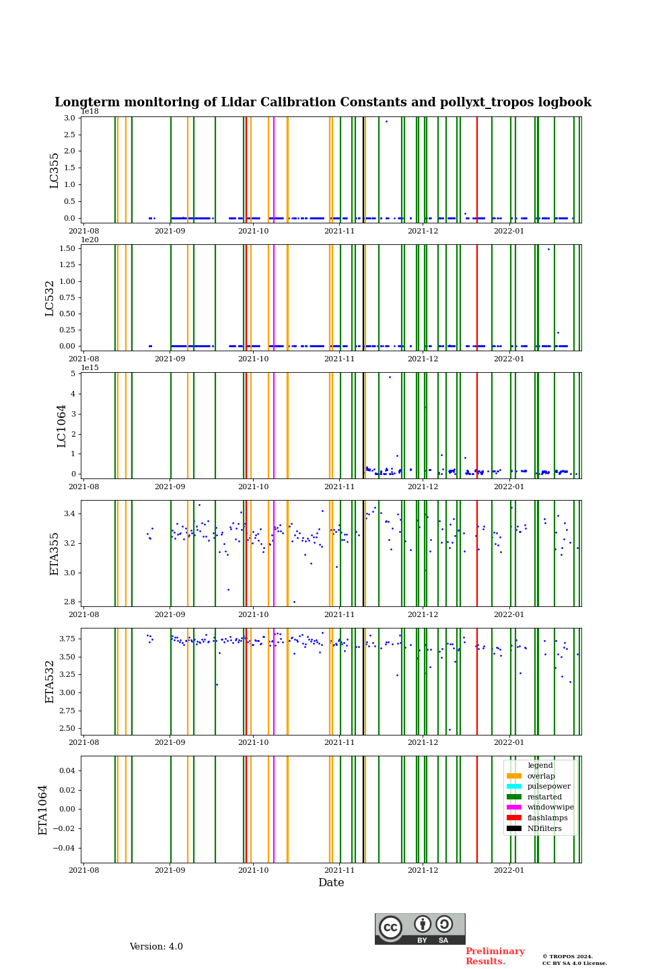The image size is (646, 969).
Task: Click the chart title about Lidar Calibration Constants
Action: coord(323,102)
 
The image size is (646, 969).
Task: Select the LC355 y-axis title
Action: coord(55,170)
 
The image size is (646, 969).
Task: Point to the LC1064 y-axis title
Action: coord(62,425)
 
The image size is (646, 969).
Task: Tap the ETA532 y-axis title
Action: coord(50,681)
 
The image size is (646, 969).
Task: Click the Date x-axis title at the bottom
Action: coord(331,883)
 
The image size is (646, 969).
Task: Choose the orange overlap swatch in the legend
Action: coord(514,776)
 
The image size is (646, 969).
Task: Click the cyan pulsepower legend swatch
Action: coord(514,787)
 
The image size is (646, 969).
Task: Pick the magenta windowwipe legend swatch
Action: coord(514,808)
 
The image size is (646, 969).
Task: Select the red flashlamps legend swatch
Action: coord(514,818)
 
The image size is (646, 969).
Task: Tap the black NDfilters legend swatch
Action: coord(514,829)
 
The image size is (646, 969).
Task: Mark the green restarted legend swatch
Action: coord(514,797)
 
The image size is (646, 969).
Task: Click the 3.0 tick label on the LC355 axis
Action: coord(69,118)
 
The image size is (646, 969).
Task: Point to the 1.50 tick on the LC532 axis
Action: coord(67,248)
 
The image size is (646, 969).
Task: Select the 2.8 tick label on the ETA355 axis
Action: coord(69,602)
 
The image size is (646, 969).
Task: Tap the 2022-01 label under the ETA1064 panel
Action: coord(509,870)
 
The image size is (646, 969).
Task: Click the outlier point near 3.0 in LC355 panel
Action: coord(386,121)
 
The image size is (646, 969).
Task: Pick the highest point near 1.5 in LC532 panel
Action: coord(548,249)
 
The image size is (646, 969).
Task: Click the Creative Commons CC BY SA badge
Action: coord(420,929)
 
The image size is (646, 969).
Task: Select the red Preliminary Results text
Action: coord(495,956)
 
